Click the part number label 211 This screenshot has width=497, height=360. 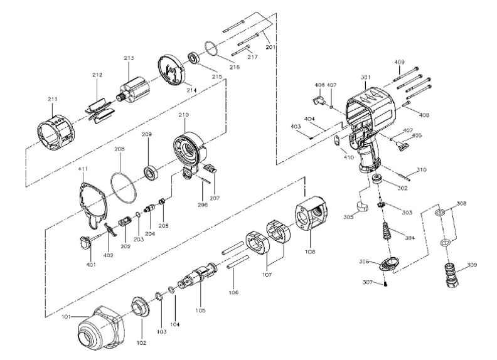click(x=52, y=99)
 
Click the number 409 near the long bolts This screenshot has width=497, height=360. click(x=399, y=61)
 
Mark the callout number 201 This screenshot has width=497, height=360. click(x=270, y=46)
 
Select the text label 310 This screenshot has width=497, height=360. click(x=422, y=169)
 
